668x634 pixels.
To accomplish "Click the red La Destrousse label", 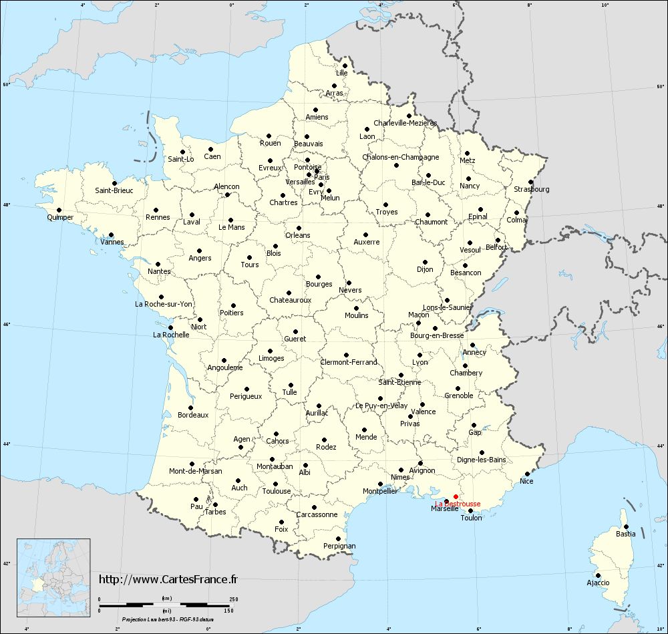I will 458,504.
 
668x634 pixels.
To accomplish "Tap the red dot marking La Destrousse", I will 456,496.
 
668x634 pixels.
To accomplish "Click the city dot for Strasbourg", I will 530,182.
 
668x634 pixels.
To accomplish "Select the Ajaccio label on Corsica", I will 598,583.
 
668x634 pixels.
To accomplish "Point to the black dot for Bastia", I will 626,526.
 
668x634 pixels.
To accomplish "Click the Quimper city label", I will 60,217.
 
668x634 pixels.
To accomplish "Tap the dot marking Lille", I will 345,65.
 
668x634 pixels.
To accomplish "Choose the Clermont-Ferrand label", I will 349,362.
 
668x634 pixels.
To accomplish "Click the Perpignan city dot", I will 338,538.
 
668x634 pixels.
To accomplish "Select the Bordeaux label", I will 193,415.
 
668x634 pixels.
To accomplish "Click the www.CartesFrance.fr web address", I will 168,579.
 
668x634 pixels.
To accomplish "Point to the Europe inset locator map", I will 53,569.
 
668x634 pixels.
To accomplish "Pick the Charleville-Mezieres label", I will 405,123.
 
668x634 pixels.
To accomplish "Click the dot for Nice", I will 527,474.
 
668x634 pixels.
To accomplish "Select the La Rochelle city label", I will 171,335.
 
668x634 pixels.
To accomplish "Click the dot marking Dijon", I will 425,262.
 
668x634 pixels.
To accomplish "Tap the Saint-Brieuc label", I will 114,190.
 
